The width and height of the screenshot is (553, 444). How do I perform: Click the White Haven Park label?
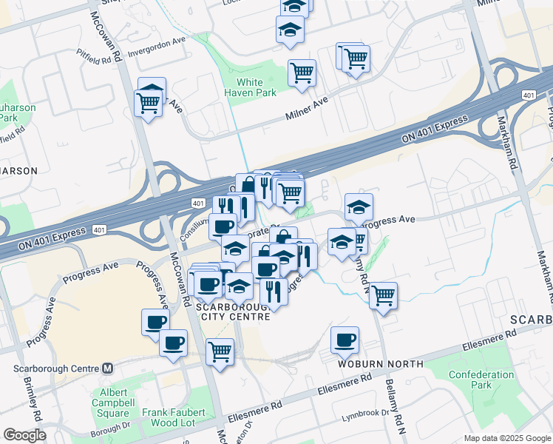pos(256,87)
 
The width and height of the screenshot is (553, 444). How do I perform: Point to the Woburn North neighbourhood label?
pos(381,363)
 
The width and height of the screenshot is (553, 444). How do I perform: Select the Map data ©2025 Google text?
pos(506,438)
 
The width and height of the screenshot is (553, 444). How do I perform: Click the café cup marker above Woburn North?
pos(345,340)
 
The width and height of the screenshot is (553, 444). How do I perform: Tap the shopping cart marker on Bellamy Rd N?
pos(383,295)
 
